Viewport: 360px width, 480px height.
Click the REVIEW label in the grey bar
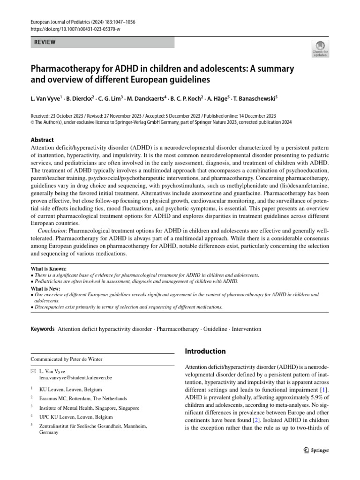pyautogui.click(x=44, y=42)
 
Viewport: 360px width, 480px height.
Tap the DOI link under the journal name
pyautogui.click(x=75, y=30)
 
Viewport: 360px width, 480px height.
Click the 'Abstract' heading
pyautogui.click(x=42, y=140)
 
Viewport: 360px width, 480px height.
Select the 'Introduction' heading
pyautogui.click(x=205, y=351)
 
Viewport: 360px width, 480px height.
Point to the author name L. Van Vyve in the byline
pyautogui.click(x=45, y=98)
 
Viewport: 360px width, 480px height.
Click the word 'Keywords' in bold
pyautogui.click(x=43, y=329)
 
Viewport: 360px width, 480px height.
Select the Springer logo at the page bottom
pyautogui.click(x=314, y=450)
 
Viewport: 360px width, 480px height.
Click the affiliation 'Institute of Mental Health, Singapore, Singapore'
pyautogui.click(x=89, y=408)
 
